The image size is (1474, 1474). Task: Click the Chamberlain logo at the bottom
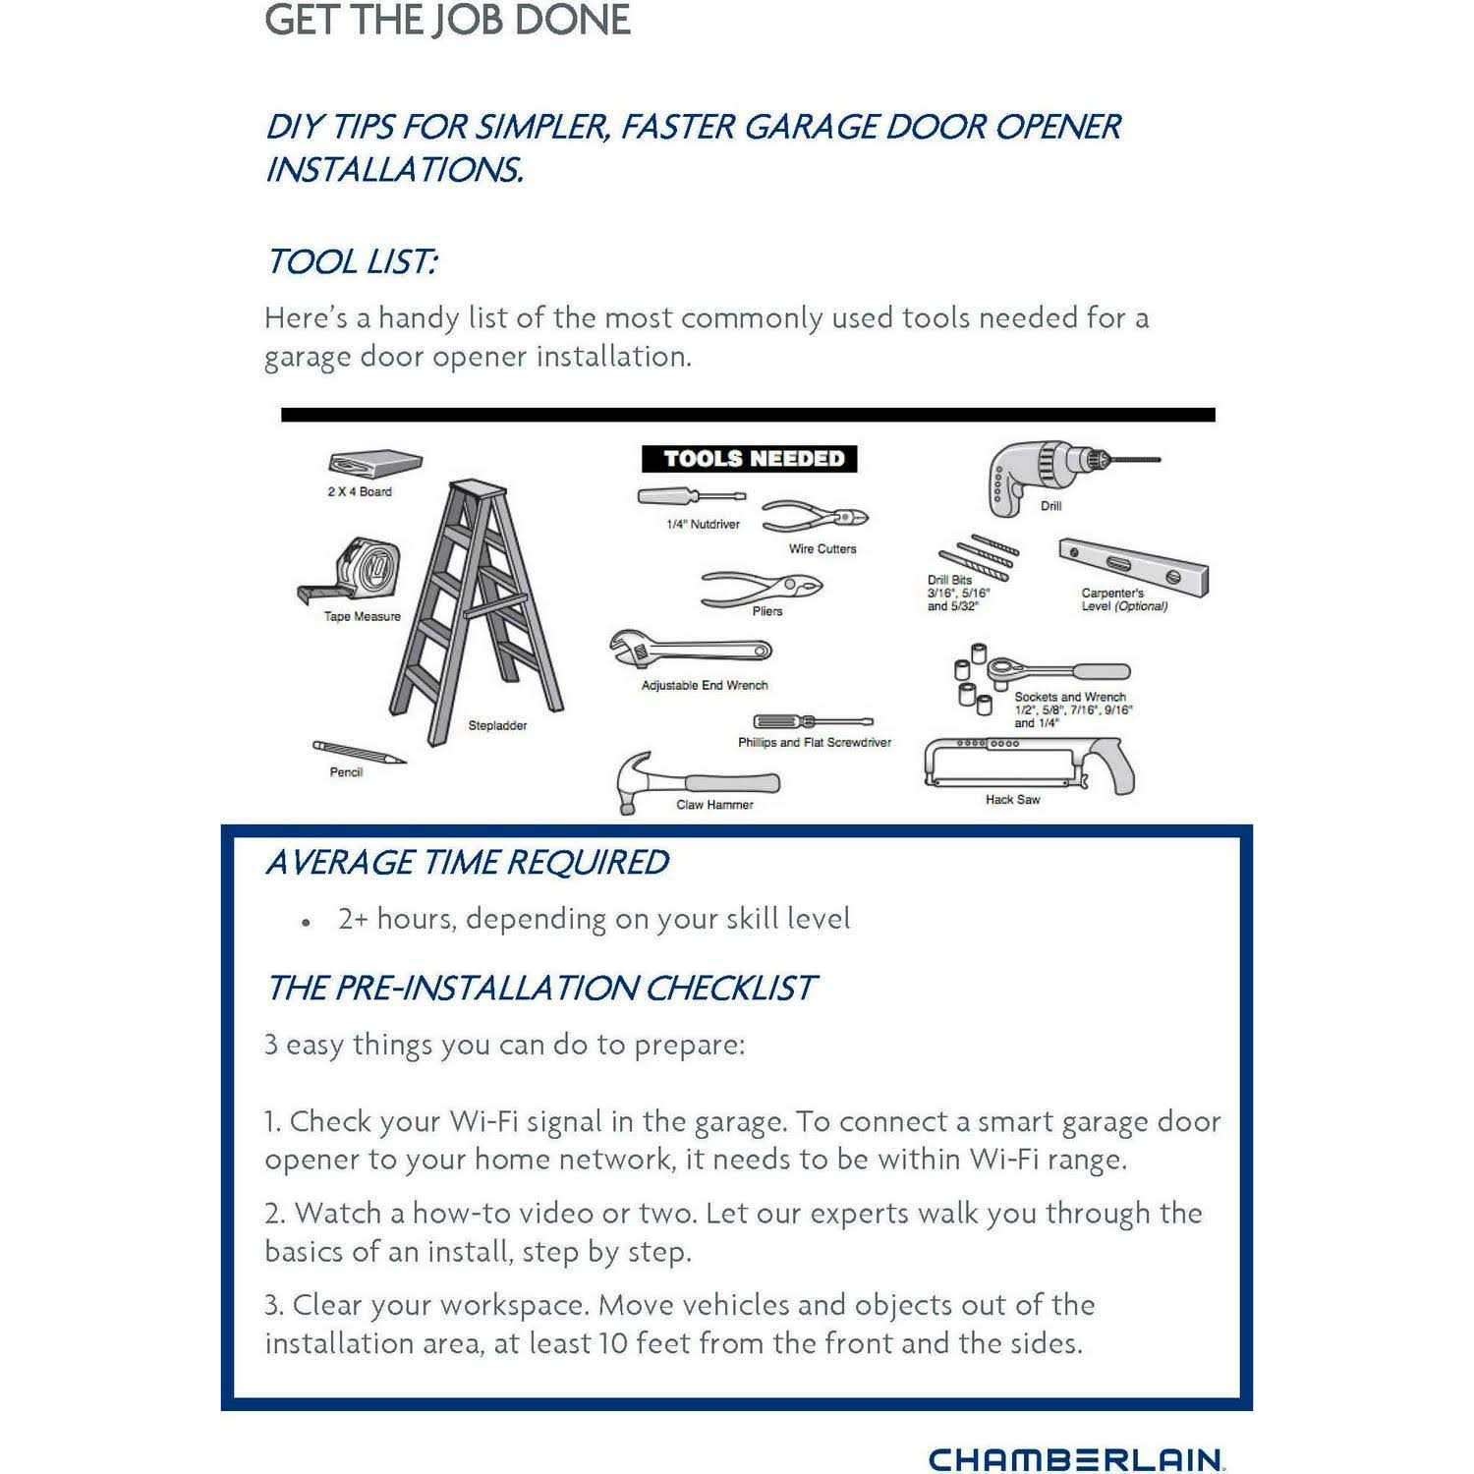pos(1076,1458)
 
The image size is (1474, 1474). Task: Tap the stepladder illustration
pos(482,599)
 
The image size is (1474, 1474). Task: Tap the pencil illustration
pos(359,753)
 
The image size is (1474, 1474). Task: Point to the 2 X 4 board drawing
pos(375,464)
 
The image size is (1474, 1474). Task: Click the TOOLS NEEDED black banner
pos(749,459)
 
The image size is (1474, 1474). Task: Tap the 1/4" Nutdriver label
pos(703,525)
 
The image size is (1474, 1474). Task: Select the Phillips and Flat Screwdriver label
pos(815,743)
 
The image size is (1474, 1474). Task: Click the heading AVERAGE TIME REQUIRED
pos(467,863)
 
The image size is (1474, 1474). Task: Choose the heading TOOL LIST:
pos(351,262)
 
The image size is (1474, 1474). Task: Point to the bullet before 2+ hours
pos(308,923)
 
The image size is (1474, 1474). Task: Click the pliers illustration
pos(762,588)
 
